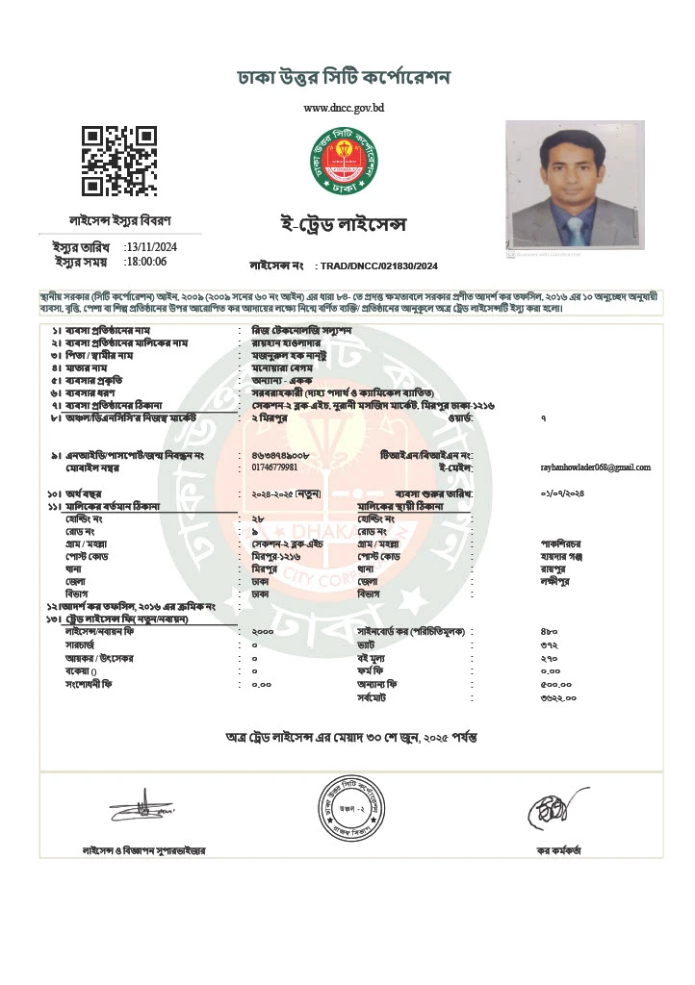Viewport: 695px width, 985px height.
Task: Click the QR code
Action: [x=118, y=161]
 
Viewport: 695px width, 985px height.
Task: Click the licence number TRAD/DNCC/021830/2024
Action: [x=379, y=265]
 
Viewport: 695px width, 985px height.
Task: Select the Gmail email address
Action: [x=596, y=467]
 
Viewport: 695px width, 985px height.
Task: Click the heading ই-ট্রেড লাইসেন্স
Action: [x=336, y=225]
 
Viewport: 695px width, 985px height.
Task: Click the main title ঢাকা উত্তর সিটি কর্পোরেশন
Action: [x=344, y=77]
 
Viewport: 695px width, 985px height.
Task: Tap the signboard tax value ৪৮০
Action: [x=549, y=631]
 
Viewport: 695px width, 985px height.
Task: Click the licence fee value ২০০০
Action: [x=263, y=631]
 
